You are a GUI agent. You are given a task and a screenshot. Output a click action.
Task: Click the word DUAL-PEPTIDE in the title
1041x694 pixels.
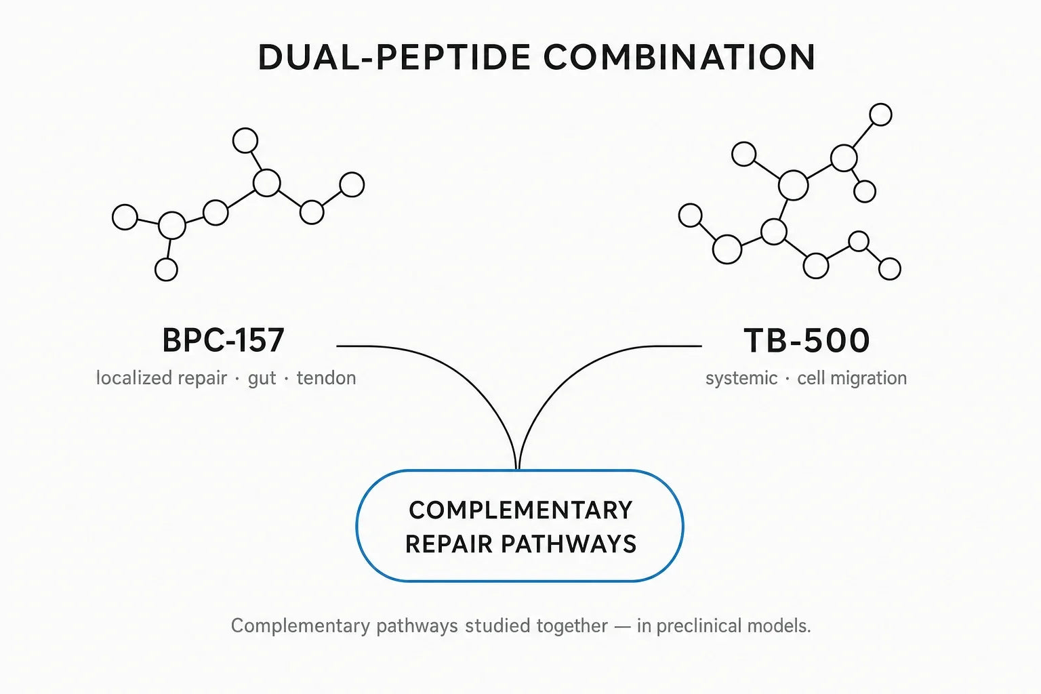coord(394,57)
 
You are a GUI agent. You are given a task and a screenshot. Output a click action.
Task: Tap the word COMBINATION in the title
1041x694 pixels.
coord(680,57)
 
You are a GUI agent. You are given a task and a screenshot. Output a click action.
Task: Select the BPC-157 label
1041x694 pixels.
coord(223,340)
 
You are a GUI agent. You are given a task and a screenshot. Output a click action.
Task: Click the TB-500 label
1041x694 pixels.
coord(807,340)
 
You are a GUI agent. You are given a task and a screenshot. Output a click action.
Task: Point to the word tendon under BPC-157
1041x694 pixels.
coord(326,378)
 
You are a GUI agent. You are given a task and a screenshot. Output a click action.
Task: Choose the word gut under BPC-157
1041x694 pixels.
coord(262,379)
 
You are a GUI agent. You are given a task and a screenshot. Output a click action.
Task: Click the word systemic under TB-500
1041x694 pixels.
coord(741,378)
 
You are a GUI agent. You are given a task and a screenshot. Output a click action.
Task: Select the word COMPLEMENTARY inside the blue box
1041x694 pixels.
coord(520,510)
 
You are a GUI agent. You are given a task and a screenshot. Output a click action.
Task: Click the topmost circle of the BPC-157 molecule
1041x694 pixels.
coord(245,140)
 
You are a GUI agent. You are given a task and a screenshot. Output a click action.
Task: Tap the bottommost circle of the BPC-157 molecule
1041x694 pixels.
coord(166,270)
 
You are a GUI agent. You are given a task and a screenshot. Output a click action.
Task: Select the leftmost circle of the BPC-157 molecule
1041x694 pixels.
coord(125,217)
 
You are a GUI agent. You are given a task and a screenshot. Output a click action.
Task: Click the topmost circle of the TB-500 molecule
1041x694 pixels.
coord(880,115)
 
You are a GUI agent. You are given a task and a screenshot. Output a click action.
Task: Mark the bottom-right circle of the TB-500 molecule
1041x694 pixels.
coord(890,268)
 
